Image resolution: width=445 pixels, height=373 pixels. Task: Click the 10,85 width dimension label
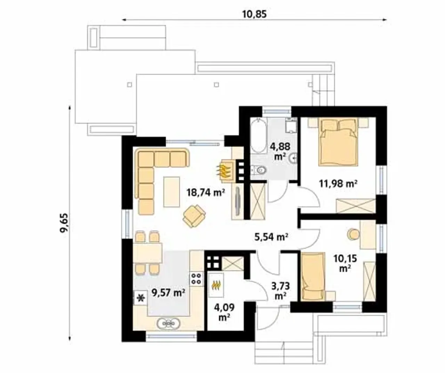(x=254, y=14)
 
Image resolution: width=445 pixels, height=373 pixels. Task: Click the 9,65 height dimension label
(x=64, y=223)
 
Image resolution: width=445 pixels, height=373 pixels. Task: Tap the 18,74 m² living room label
(x=206, y=193)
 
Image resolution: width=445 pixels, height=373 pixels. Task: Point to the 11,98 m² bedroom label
(x=338, y=183)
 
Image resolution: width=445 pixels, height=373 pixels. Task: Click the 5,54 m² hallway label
(x=271, y=237)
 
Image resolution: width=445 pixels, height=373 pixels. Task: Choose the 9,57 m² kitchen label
(x=168, y=293)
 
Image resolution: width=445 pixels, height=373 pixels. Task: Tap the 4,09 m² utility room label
(x=224, y=312)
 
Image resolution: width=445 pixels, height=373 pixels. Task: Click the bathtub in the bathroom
(x=259, y=136)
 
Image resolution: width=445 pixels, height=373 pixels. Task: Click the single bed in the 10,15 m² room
(x=313, y=277)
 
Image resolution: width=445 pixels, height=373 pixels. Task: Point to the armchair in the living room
(x=194, y=216)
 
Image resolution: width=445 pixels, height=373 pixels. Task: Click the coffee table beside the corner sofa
(x=171, y=192)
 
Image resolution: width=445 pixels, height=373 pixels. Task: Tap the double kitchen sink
(x=168, y=324)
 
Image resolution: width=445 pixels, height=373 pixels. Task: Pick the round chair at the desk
(x=353, y=234)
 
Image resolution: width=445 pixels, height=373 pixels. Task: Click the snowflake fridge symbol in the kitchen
(x=141, y=298)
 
